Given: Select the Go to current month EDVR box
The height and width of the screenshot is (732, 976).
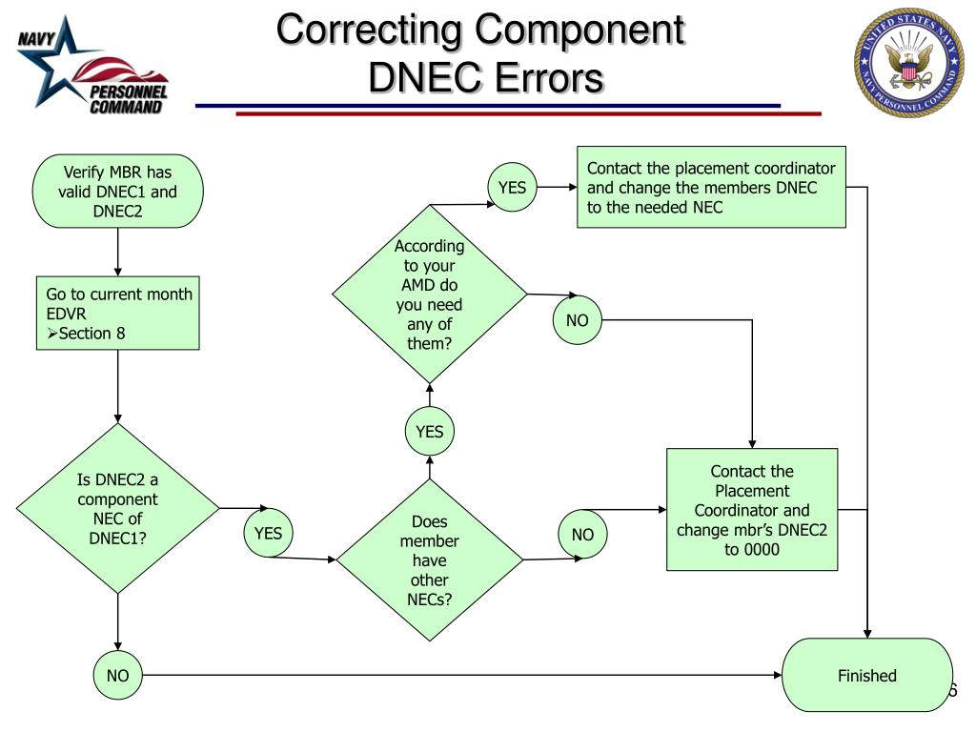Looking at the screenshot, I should (x=118, y=314).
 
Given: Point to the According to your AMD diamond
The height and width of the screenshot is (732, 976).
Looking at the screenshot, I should (x=429, y=295).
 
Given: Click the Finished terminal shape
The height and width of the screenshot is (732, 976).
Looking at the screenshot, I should (x=866, y=675).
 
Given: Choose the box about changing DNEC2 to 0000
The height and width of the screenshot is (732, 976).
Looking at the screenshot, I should (x=752, y=510).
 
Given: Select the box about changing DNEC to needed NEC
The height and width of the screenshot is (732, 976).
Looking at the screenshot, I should (x=711, y=187).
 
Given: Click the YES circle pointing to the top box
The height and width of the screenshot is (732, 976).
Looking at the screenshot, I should (x=512, y=188).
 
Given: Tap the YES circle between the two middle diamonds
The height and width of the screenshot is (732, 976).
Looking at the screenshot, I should (x=429, y=432).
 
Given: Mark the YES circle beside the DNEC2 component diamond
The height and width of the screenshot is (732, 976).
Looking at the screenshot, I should (x=268, y=533).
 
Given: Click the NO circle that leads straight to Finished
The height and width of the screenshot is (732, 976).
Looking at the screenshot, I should (x=118, y=676).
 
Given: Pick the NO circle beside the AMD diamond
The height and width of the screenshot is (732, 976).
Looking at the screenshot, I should (x=577, y=320).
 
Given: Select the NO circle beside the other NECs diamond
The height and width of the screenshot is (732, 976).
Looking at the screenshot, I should (x=582, y=535).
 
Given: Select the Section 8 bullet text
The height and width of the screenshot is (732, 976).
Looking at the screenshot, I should (x=87, y=333).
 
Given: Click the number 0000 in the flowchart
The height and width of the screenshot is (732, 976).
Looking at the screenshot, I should (x=752, y=550).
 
